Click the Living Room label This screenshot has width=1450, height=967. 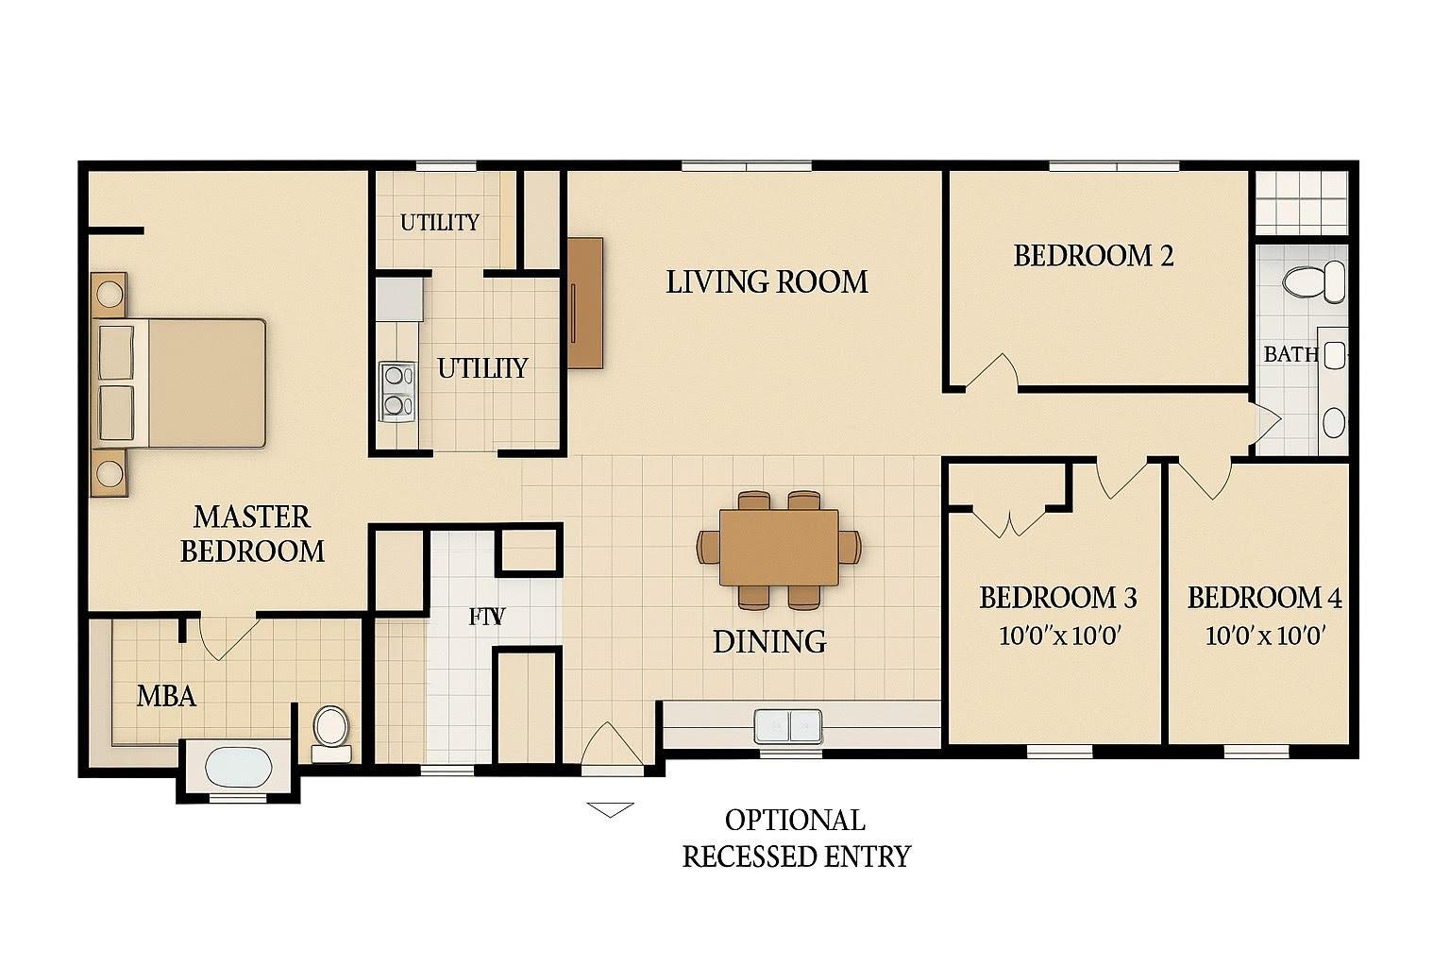(x=767, y=281)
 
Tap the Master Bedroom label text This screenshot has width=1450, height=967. (x=252, y=534)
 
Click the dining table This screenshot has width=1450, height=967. (x=779, y=548)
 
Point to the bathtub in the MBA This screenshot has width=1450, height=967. (x=238, y=767)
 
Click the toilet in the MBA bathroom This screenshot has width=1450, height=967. (x=331, y=729)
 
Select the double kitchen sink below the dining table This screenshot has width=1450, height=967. (x=788, y=726)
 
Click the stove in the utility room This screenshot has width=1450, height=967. (x=397, y=391)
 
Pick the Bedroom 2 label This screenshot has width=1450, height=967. (x=1093, y=256)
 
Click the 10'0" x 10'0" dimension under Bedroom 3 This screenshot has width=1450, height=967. (x=1058, y=635)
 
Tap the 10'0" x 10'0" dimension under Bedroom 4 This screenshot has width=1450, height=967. (x=1266, y=635)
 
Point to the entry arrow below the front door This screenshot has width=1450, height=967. (x=610, y=808)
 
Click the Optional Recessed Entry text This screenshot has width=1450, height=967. (x=795, y=838)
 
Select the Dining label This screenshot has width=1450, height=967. (x=769, y=641)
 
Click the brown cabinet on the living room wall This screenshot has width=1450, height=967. (x=585, y=302)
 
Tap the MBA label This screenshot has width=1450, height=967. (x=166, y=696)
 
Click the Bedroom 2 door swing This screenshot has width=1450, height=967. (x=991, y=371)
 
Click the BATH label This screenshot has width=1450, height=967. (x=1290, y=354)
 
